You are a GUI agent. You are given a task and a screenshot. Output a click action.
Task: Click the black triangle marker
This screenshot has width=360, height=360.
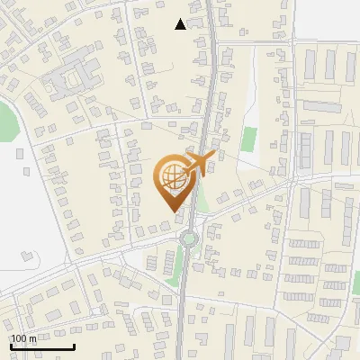click(x=181, y=24)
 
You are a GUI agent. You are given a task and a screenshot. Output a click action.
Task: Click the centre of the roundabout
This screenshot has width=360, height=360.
click(x=189, y=238)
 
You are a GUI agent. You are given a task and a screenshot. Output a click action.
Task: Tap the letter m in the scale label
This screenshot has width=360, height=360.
click(x=32, y=339)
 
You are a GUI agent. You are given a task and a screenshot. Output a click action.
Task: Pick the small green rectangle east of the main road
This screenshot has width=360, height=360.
click(x=248, y=139)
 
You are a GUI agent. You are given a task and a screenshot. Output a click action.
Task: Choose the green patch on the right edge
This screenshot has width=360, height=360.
click(x=355, y=284)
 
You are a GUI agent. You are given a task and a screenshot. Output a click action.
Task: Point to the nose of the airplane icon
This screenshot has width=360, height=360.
click(x=214, y=157)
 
